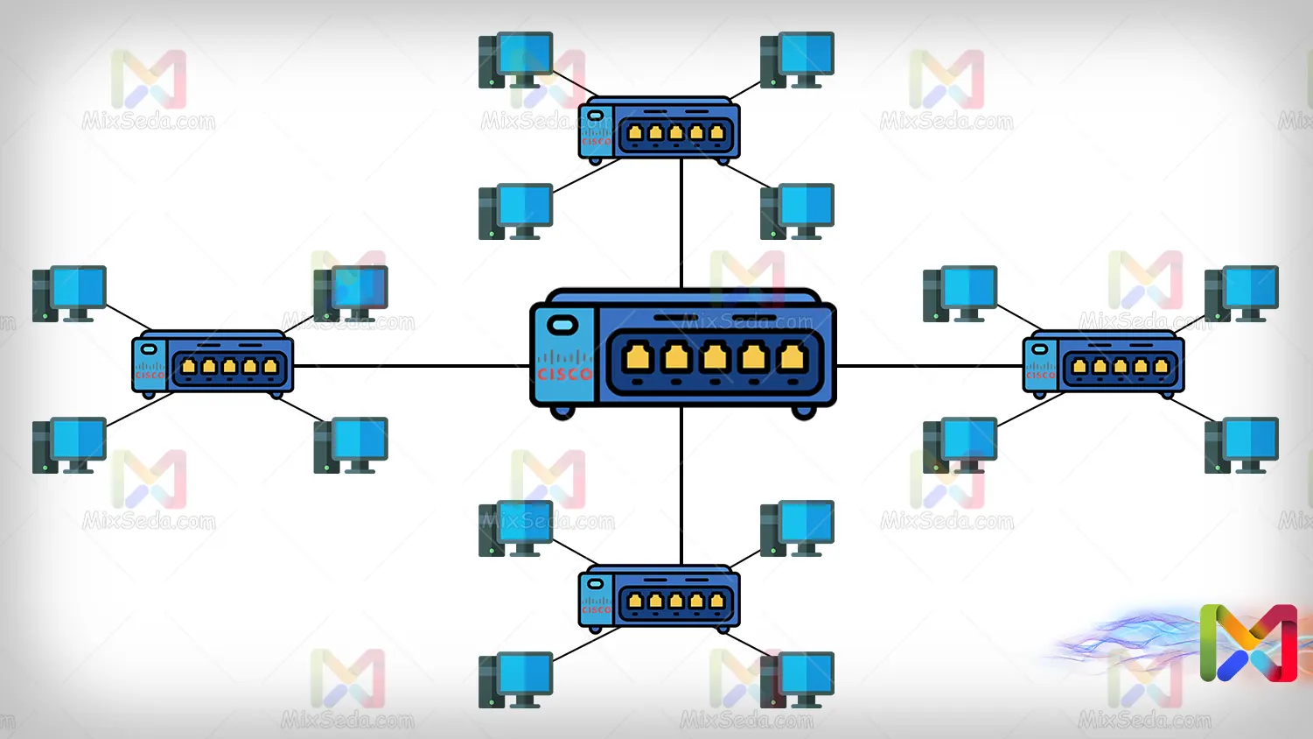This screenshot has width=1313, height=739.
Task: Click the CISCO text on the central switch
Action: point(564,374)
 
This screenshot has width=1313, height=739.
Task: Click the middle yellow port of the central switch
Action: point(715,357)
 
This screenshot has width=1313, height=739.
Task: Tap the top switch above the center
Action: point(660,129)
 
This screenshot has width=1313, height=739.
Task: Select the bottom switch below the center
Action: point(660,598)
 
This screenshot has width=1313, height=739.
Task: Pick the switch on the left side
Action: point(213,363)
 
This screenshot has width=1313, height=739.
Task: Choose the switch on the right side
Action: point(1103,363)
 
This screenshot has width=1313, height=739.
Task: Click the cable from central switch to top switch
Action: point(681,223)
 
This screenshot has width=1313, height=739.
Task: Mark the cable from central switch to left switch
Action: point(411,366)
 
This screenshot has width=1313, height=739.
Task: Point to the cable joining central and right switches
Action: point(929,366)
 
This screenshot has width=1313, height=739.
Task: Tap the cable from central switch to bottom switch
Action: point(681,486)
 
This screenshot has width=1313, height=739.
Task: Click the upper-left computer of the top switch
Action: point(516,60)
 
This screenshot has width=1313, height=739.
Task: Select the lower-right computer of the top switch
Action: point(797,211)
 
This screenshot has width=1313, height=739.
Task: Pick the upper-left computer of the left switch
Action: point(69,293)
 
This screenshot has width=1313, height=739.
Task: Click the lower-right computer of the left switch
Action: point(351,445)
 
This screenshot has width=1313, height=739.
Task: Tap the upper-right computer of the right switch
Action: point(1241,293)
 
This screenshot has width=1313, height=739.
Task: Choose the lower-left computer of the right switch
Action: point(960,445)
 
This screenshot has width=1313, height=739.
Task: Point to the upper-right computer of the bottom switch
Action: point(797,528)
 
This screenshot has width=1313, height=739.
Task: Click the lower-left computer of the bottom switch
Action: point(516,679)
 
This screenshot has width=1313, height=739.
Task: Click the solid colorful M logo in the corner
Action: point(1248,643)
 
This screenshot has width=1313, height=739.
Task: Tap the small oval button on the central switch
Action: point(562,326)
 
